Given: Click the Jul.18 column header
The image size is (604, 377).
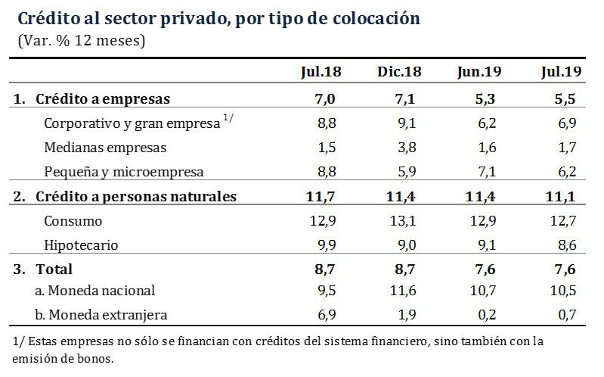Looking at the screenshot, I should [x=321, y=72].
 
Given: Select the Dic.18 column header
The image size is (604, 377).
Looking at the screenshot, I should [x=399, y=72].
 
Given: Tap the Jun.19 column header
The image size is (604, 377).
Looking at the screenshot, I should [x=480, y=72].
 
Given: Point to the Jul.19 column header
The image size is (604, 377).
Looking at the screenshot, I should [x=561, y=72].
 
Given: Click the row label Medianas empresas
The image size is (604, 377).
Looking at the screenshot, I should [x=105, y=148].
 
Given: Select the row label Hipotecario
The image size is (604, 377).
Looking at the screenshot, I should [x=82, y=245].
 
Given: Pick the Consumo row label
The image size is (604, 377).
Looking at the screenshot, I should [x=73, y=221].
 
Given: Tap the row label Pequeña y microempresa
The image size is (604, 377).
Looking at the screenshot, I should [x=124, y=172].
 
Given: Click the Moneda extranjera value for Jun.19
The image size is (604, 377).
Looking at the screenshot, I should [x=488, y=315].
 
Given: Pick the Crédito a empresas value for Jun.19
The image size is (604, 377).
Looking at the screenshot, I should [x=488, y=98].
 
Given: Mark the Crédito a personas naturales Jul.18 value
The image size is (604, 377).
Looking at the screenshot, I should [x=327, y=197].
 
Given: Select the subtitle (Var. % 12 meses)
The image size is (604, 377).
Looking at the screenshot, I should [x=82, y=40].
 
